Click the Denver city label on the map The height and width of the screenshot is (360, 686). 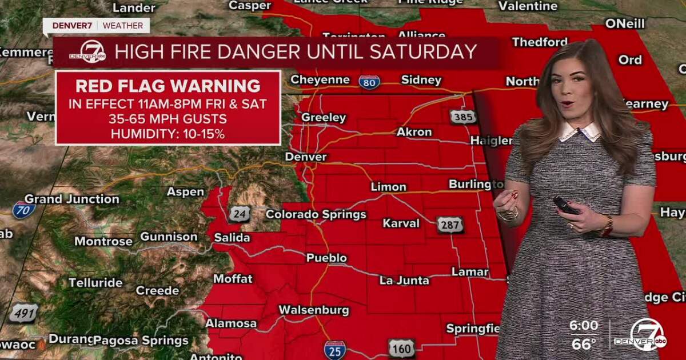point(306,157)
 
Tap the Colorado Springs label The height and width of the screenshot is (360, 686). point(316,215)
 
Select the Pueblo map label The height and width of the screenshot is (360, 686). point(326,258)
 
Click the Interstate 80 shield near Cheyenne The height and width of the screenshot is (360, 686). point(369,82)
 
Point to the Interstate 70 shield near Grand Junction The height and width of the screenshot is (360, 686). point(23,210)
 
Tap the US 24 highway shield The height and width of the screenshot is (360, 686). point(239,214)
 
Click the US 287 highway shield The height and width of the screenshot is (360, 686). point(450,225)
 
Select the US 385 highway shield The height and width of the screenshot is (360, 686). point(463,117)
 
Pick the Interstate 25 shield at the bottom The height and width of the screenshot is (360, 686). point(334,349)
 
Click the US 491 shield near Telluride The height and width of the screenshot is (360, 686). point(23,313)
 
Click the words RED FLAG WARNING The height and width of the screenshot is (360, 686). point(168,86)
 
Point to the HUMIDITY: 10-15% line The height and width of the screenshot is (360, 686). point(168,134)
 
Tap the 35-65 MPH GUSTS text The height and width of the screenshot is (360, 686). point(168,119)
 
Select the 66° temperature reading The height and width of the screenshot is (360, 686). point(583,344)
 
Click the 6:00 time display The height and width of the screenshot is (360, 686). point(583,326)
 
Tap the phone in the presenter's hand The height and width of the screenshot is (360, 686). point(565,205)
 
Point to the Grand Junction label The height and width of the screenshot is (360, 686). point(71,199)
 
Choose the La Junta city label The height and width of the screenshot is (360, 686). point(404,280)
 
